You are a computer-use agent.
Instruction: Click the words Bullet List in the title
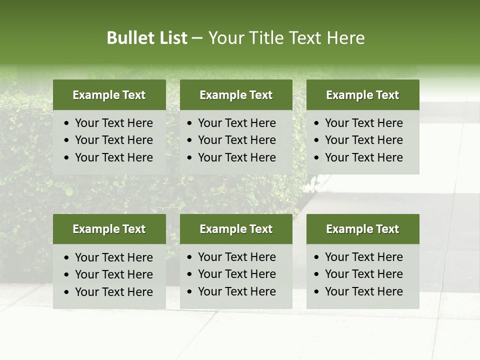(x=147, y=38)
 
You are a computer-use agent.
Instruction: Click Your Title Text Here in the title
(x=286, y=38)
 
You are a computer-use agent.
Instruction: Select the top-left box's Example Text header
(x=109, y=95)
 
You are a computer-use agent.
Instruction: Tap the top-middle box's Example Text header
(x=236, y=95)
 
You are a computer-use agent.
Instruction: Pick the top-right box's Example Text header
(x=362, y=95)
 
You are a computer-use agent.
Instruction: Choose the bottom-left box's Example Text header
(x=109, y=229)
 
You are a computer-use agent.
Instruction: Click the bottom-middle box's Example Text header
(x=236, y=229)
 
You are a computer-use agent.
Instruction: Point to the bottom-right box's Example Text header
(x=362, y=229)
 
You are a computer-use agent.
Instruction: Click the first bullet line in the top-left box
(x=114, y=123)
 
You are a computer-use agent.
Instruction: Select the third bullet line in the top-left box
(x=114, y=157)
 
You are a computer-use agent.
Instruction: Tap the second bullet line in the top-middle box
(x=237, y=140)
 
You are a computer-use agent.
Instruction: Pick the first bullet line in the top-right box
(x=364, y=123)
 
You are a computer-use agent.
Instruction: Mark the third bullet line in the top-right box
(x=364, y=157)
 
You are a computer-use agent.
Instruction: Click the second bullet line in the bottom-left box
(x=114, y=274)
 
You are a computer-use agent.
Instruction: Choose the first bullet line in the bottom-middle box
(x=237, y=257)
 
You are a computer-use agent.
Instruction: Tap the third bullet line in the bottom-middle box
(x=237, y=291)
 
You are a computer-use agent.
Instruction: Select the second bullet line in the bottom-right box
(x=364, y=274)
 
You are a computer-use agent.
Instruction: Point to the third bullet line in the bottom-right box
(x=364, y=291)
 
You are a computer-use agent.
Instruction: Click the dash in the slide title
(x=197, y=38)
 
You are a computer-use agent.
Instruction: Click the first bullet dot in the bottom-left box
(x=67, y=258)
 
